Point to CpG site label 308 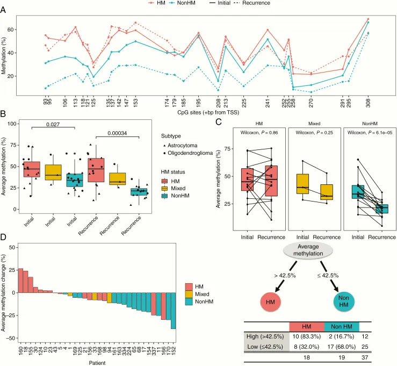(368, 102)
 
